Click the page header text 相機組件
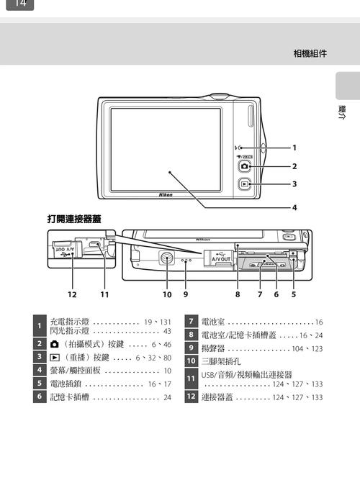click(310, 53)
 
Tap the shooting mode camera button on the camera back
click(246, 166)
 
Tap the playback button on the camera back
click(246, 184)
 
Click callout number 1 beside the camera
click(294, 148)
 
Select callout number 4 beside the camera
click(294, 208)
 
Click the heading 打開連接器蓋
click(74, 218)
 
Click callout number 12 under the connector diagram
click(72, 294)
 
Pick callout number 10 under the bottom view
click(167, 294)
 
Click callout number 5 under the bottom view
click(294, 294)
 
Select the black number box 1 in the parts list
click(39, 327)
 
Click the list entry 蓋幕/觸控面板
click(76, 371)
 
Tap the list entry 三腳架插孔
click(220, 361)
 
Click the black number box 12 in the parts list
click(191, 397)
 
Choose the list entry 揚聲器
click(214, 348)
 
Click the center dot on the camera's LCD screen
click(169, 173)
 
